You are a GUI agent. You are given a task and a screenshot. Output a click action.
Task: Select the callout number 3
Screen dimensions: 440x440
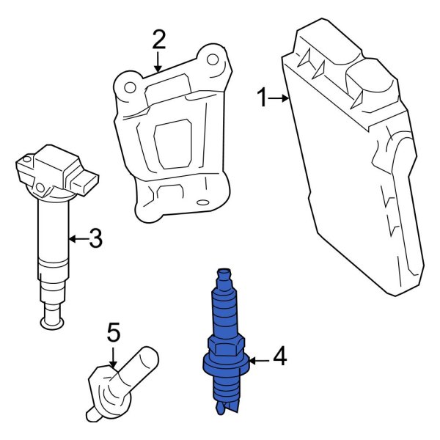(x=95, y=238)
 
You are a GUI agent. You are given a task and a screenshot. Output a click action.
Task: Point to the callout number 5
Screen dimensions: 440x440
(x=113, y=334)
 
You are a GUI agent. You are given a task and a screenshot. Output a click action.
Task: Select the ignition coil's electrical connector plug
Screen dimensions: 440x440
(x=88, y=183)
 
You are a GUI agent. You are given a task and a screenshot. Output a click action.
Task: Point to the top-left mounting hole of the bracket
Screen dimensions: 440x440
(x=130, y=87)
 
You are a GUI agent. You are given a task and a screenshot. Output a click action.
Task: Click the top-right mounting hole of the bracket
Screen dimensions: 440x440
(x=210, y=59)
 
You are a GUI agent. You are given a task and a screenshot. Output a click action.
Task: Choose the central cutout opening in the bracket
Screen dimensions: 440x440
(x=173, y=144)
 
